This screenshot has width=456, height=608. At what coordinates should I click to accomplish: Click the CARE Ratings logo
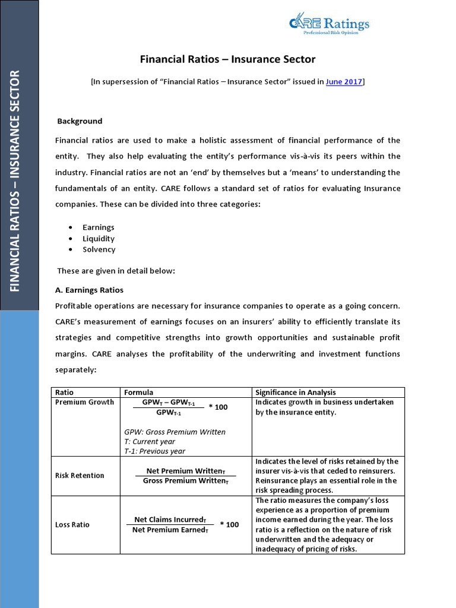[x=329, y=24]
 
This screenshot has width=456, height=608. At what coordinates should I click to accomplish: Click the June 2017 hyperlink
[x=344, y=82]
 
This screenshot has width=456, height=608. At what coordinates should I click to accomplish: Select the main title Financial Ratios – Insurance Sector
[x=227, y=59]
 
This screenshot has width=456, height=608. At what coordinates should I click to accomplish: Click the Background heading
[x=80, y=121]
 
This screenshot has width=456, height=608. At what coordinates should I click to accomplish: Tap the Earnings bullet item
[x=99, y=227]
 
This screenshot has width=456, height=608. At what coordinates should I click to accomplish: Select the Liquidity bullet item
[x=99, y=239]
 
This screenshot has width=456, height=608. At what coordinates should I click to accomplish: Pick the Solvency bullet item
[x=99, y=249]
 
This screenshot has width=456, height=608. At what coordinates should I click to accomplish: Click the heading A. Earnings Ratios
[x=89, y=290]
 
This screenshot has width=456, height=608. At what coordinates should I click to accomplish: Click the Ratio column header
[x=64, y=392]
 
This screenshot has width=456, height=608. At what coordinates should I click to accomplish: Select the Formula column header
[x=138, y=392]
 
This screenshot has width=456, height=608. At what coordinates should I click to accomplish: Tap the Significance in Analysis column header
[x=295, y=392]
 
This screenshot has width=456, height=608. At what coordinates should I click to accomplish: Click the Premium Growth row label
[x=84, y=402]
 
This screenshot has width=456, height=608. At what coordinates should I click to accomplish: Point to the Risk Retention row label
[x=80, y=476]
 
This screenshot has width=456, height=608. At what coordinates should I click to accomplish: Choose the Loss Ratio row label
[x=72, y=525]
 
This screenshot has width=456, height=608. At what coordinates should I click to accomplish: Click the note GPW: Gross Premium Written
[x=175, y=432]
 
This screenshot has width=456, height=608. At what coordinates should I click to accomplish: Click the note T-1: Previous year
[x=154, y=451]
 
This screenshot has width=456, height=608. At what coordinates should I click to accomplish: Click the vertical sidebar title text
[x=15, y=181]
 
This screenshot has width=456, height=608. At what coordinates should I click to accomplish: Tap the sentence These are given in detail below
[x=116, y=271]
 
